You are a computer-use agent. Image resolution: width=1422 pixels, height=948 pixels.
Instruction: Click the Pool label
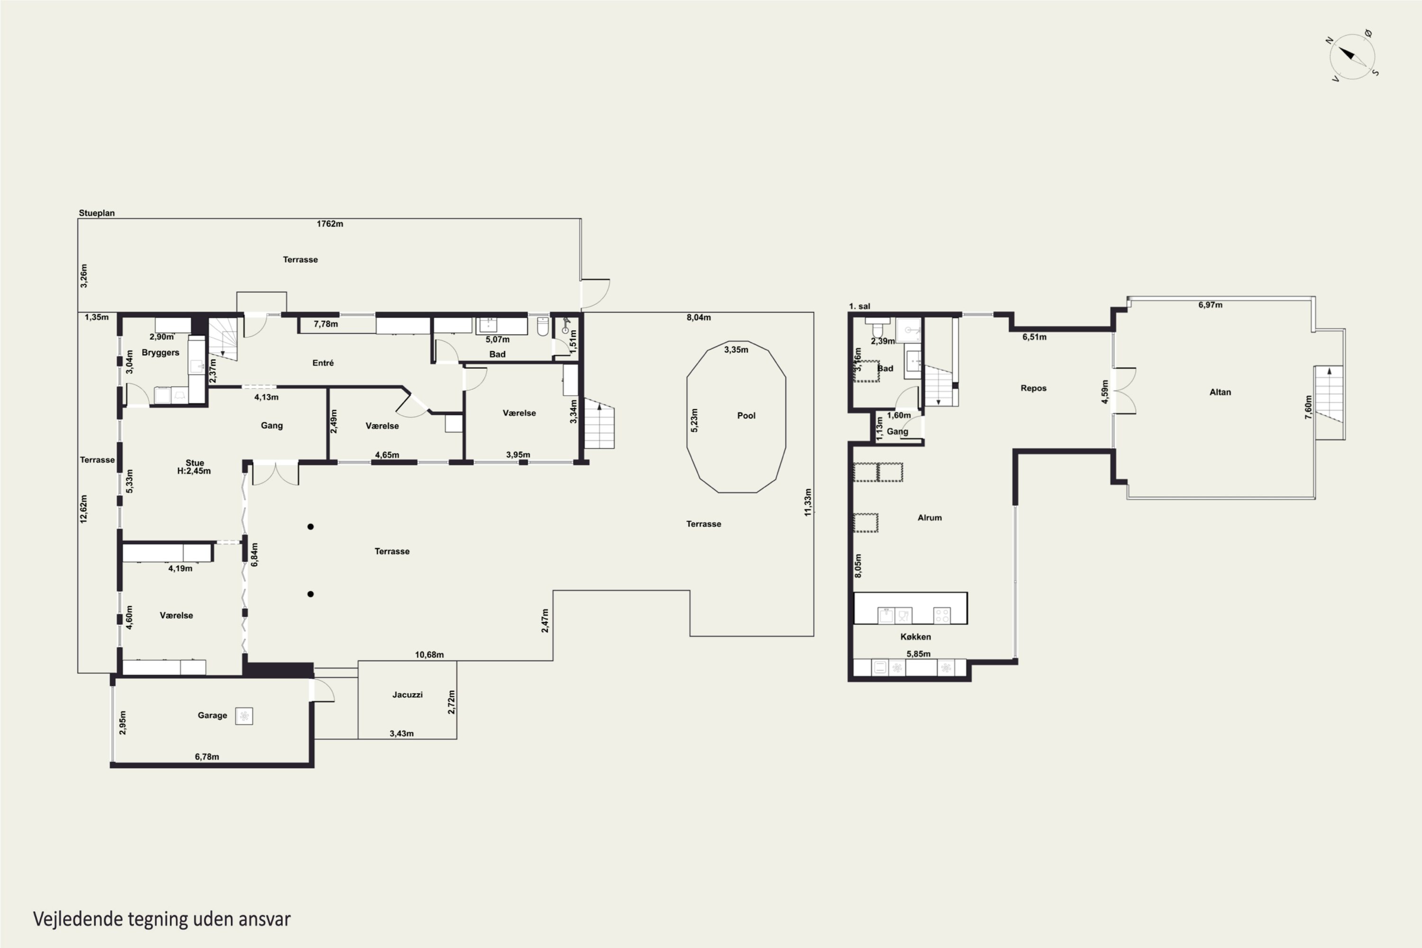click(x=746, y=415)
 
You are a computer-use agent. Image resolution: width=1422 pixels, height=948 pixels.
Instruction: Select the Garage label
click(x=212, y=715)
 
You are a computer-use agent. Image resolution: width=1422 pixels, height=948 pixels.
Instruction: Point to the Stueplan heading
click(x=97, y=213)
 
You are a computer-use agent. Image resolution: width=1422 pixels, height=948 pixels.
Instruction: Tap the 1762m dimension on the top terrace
click(x=329, y=224)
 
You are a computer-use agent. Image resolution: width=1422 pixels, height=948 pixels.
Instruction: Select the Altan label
click(x=1220, y=392)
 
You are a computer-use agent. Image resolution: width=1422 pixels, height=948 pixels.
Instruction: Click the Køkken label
click(x=915, y=637)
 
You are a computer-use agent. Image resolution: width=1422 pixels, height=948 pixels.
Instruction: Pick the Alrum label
click(x=929, y=518)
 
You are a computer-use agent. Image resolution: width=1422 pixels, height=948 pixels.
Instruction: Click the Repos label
click(x=1033, y=388)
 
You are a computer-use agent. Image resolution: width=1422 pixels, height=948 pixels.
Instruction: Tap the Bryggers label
click(x=160, y=353)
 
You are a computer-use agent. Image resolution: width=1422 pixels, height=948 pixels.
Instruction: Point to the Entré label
click(x=323, y=363)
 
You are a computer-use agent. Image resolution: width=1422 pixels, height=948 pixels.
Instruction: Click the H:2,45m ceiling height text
click(x=193, y=471)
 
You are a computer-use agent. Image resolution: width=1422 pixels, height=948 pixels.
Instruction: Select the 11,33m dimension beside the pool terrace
click(x=808, y=502)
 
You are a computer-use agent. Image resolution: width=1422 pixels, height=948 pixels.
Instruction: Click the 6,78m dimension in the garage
click(x=207, y=757)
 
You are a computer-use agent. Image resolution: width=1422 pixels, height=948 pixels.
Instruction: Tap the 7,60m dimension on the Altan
click(x=1308, y=408)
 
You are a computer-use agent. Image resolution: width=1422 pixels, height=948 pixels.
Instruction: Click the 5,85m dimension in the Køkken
click(x=919, y=654)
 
